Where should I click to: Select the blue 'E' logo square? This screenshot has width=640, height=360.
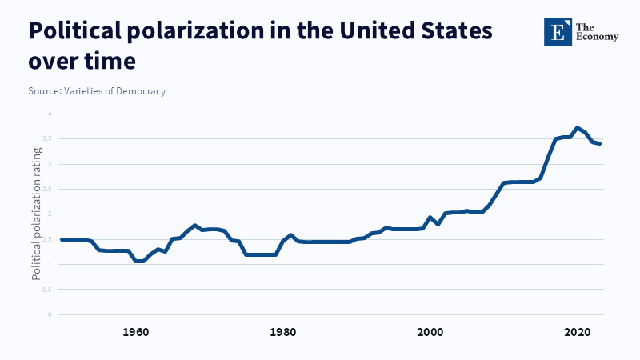(557, 31)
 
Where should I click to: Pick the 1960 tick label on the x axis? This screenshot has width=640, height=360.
(136, 331)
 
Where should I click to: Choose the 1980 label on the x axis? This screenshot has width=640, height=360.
(282, 331)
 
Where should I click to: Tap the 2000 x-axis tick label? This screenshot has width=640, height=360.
(430, 331)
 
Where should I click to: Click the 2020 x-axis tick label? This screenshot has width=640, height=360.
(577, 331)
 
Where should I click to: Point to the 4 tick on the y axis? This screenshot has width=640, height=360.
(49, 114)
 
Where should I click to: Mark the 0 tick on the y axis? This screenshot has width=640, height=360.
(49, 314)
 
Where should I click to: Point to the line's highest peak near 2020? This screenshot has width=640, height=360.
(577, 128)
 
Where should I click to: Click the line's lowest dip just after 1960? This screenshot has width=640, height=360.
(139, 261)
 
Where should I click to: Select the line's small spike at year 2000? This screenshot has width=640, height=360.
(430, 218)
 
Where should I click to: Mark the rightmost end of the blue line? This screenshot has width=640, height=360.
(600, 143)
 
